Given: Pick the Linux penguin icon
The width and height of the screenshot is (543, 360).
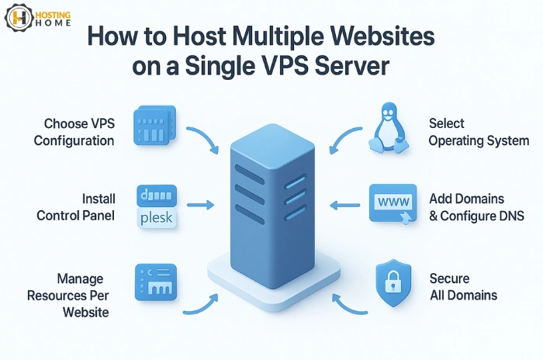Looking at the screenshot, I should [387, 129].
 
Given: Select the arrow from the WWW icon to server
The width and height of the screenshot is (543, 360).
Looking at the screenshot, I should [342, 206].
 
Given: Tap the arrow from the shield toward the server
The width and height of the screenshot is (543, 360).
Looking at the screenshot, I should [349, 303].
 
